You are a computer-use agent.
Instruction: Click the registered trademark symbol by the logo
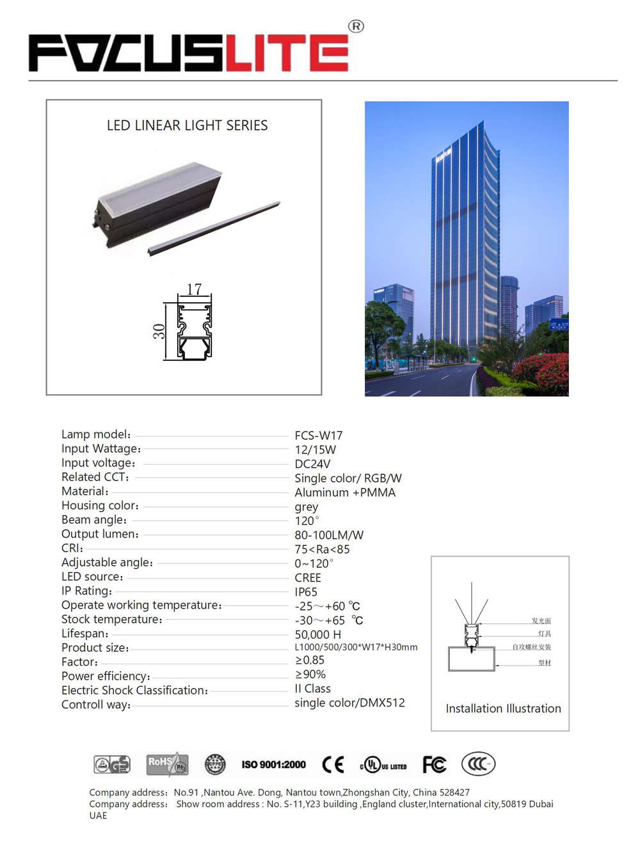click(x=356, y=26)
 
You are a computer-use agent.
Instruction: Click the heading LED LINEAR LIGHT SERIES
click(x=187, y=125)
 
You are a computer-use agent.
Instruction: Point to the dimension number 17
click(x=194, y=289)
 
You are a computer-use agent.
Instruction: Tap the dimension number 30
click(x=159, y=331)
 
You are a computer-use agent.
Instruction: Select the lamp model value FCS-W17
click(x=319, y=436)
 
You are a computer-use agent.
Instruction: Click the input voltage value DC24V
click(x=312, y=464)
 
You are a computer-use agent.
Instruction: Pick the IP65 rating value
click(x=306, y=592)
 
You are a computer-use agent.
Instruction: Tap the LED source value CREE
click(x=308, y=578)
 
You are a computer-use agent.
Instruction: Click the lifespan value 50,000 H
click(x=317, y=635)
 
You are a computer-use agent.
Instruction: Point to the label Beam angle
click(x=94, y=520)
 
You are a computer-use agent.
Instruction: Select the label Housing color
click(x=100, y=506)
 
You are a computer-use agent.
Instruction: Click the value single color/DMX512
click(x=349, y=703)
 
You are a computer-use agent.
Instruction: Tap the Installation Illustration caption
click(x=503, y=709)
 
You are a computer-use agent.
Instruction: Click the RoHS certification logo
click(x=166, y=764)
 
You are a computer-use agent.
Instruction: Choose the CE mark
click(x=333, y=764)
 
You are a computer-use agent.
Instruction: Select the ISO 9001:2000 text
click(x=273, y=764)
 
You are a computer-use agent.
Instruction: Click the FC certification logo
click(x=434, y=764)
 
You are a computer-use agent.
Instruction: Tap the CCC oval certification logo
click(x=478, y=764)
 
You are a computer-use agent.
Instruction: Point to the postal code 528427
click(x=454, y=792)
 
